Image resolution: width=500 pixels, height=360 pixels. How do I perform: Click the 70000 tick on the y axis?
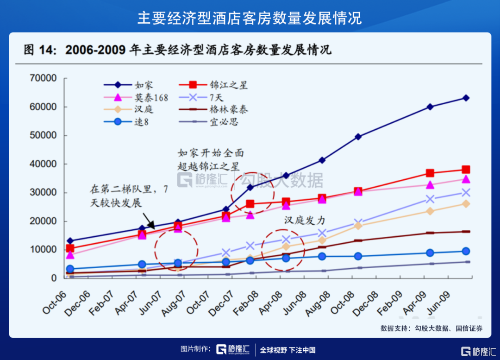(44, 78)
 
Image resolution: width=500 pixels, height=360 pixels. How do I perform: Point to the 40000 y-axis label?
(44, 164)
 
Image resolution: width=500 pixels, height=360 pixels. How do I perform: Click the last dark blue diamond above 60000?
(466, 98)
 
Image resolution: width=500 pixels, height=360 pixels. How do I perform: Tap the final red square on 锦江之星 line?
(466, 170)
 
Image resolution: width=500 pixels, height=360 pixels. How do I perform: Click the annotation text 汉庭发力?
(305, 221)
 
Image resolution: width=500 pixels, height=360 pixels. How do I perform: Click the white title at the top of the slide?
(250, 18)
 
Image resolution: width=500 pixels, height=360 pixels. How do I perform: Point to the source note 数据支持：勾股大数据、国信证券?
(431, 328)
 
